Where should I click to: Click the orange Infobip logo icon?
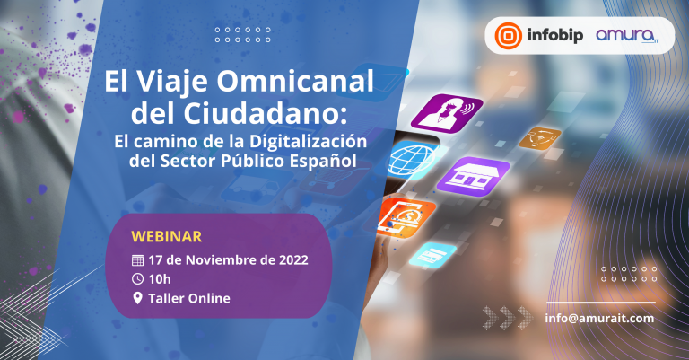(x=509, y=35)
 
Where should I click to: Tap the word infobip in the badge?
(x=555, y=35)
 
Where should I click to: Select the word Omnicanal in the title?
(x=295, y=82)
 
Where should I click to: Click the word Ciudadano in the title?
(x=261, y=113)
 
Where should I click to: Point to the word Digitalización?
(x=308, y=142)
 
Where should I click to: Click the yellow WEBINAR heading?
(x=167, y=236)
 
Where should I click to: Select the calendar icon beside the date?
(x=137, y=260)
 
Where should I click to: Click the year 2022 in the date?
(x=293, y=259)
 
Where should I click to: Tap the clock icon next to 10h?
(x=137, y=278)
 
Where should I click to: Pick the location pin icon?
(x=137, y=298)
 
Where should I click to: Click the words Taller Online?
(x=189, y=298)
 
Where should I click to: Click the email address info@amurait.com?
(x=599, y=318)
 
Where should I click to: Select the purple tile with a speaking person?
(x=447, y=113)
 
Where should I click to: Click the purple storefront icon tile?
(x=474, y=177)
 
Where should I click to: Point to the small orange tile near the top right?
(x=539, y=138)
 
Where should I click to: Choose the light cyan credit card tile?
(x=432, y=254)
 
